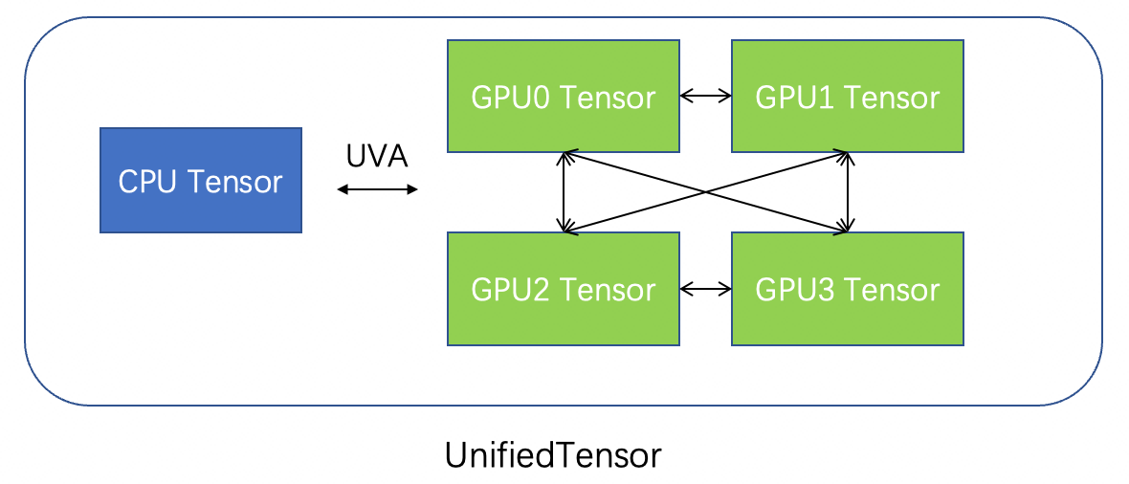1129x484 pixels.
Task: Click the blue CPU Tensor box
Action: click(x=201, y=180)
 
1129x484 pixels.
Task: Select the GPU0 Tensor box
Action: click(x=564, y=96)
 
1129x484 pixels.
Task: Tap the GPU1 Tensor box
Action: click(x=848, y=96)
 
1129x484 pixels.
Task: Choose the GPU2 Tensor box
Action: click(x=564, y=288)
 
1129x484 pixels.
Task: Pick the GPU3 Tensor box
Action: click(x=848, y=288)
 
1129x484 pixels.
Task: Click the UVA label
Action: click(x=377, y=156)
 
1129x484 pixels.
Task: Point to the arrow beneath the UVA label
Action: click(x=378, y=189)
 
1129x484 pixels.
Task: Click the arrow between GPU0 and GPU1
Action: click(x=705, y=96)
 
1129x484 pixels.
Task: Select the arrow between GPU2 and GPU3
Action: click(x=705, y=288)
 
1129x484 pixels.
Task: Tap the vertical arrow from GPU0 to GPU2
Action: click(x=564, y=191)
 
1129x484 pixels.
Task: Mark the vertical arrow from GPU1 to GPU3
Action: click(x=847, y=191)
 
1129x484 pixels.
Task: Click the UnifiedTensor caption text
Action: click(x=553, y=455)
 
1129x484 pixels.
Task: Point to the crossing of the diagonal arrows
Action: click(x=706, y=191)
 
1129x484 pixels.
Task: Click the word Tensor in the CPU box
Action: click(x=232, y=181)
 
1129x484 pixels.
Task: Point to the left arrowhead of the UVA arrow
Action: click(x=342, y=189)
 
